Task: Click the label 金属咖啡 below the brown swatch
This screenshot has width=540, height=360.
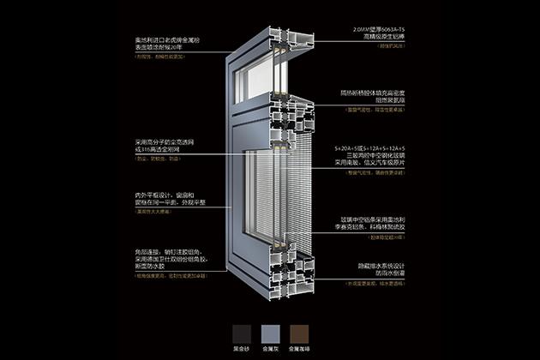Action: point(296,350)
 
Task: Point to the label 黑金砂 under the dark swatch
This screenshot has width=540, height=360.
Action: point(243,350)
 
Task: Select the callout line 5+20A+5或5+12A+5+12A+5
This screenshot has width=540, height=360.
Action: point(374,148)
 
